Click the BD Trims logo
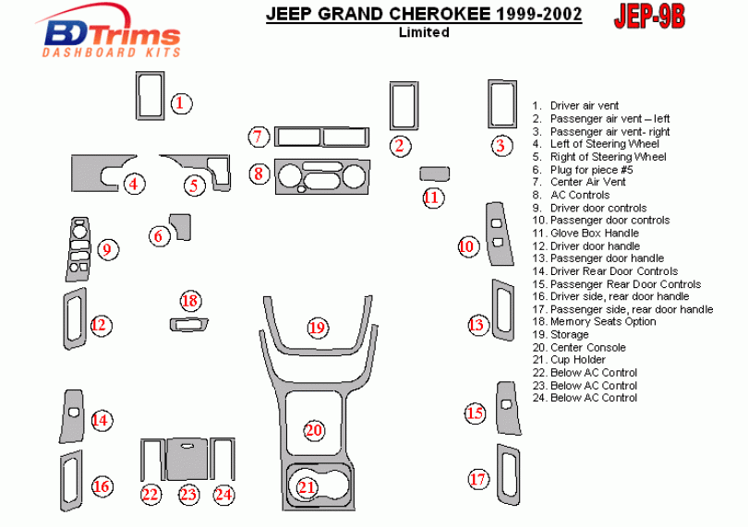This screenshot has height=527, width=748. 111,35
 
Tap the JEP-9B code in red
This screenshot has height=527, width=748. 649,17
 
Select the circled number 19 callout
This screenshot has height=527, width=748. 318,328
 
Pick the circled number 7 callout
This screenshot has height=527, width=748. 259,138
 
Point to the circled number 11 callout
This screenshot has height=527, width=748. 431,197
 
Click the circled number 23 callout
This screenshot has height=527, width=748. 188,495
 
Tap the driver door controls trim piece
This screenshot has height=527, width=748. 79,248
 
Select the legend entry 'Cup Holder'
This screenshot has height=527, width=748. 579,360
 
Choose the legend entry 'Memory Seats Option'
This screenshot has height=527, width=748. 603,322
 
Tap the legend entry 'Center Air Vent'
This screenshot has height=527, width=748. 587,183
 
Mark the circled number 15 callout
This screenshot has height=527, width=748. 475,413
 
